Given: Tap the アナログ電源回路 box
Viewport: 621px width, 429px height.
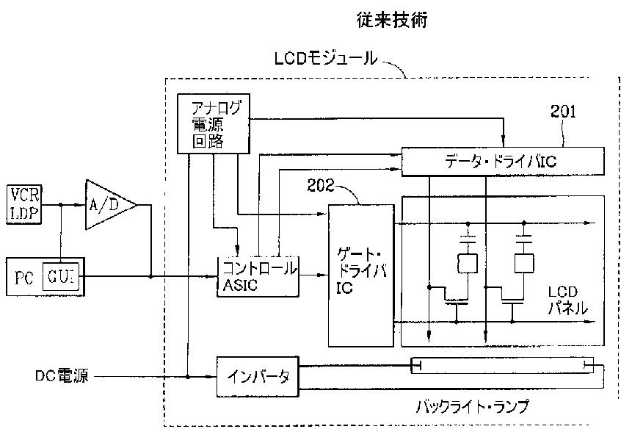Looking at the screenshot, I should pyautogui.click(x=213, y=123).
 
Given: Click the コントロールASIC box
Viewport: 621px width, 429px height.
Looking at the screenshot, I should pyautogui.click(x=258, y=275).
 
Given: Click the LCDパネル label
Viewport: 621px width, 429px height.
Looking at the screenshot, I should pyautogui.click(x=567, y=301).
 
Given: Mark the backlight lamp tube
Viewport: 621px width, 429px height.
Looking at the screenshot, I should pyautogui.click(x=502, y=365).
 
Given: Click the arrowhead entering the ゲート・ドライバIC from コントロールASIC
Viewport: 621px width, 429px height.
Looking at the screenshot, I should pyautogui.click(x=324, y=275).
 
